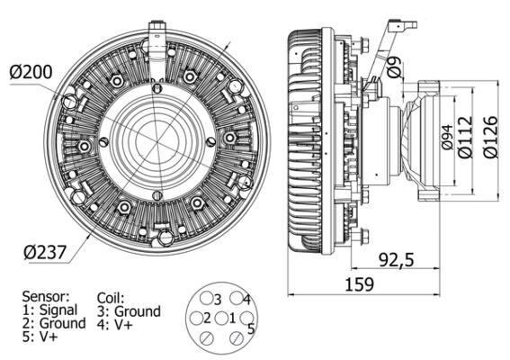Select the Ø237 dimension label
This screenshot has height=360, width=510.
coord(39,253)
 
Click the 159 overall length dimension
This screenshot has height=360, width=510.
coord(359,287)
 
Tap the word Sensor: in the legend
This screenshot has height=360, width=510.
coord(46,295)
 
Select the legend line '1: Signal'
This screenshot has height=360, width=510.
coord(50,310)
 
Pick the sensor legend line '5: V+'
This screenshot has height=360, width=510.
coord(40,337)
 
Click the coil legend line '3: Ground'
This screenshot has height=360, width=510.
coord(128,310)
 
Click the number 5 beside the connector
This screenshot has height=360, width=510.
coord(251,329)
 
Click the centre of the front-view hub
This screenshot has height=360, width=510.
coord(157,141)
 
